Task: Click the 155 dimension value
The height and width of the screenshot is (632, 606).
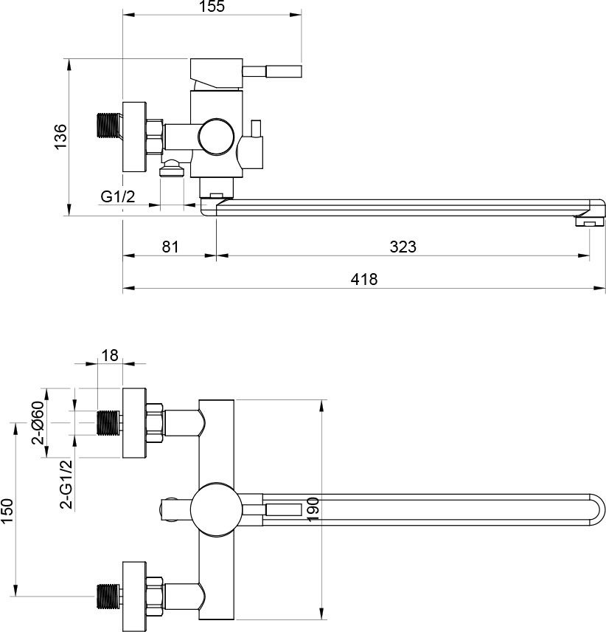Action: tap(212, 7)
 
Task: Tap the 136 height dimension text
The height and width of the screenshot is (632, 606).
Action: tap(60, 137)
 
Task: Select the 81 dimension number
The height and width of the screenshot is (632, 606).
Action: tap(170, 247)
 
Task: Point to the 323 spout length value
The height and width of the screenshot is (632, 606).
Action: tap(403, 247)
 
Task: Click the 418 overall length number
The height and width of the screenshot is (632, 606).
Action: tap(364, 279)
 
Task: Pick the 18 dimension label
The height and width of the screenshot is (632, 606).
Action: tap(109, 355)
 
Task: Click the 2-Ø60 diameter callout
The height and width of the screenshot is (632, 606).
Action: tap(38, 422)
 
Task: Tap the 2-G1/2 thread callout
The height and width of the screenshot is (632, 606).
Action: tap(67, 484)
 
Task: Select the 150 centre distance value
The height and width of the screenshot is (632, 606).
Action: tap(7, 511)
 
